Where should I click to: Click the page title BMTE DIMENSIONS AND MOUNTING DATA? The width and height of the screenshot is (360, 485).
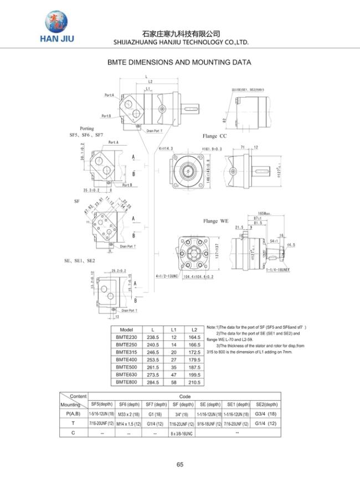(179, 62)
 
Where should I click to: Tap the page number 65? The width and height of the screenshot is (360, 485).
(180, 465)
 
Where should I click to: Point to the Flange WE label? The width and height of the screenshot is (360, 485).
(215, 221)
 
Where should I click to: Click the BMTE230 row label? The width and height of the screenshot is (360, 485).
(126, 337)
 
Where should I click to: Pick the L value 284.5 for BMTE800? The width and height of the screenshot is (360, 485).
(153, 382)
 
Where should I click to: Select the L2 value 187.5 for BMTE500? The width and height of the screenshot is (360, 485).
(194, 367)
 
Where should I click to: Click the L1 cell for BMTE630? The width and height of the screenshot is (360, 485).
(173, 374)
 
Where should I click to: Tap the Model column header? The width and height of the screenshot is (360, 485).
(126, 329)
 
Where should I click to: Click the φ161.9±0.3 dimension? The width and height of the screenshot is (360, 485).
(210, 148)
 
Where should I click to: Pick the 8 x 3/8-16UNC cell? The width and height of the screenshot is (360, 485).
(181, 433)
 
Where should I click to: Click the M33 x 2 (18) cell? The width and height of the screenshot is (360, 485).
(128, 414)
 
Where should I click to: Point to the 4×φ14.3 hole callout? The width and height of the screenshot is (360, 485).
(166, 148)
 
